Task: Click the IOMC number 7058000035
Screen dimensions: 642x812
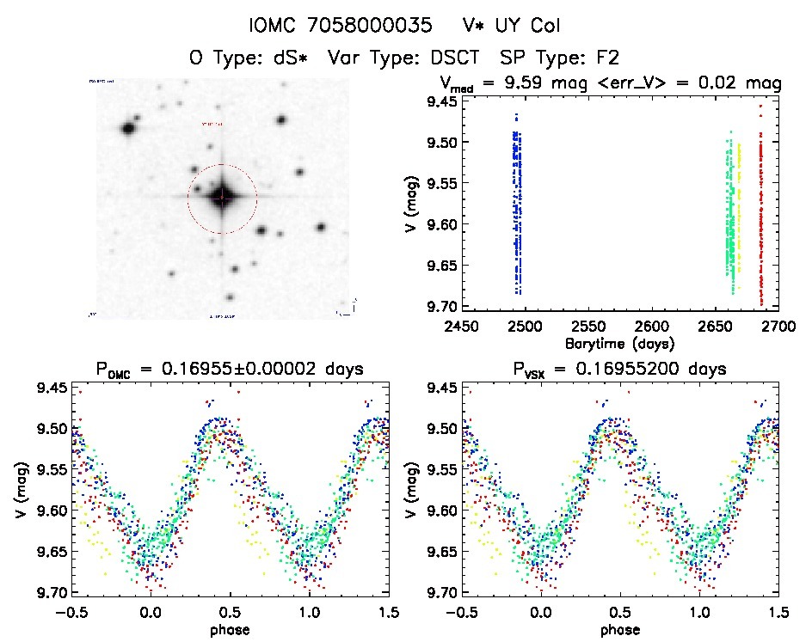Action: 372,25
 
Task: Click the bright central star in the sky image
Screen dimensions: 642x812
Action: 222,198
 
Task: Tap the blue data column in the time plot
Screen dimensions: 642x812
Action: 517,206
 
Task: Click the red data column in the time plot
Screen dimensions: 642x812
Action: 761,215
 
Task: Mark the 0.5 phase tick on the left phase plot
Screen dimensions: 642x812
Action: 229,612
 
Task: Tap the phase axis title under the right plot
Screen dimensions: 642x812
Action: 619,629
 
